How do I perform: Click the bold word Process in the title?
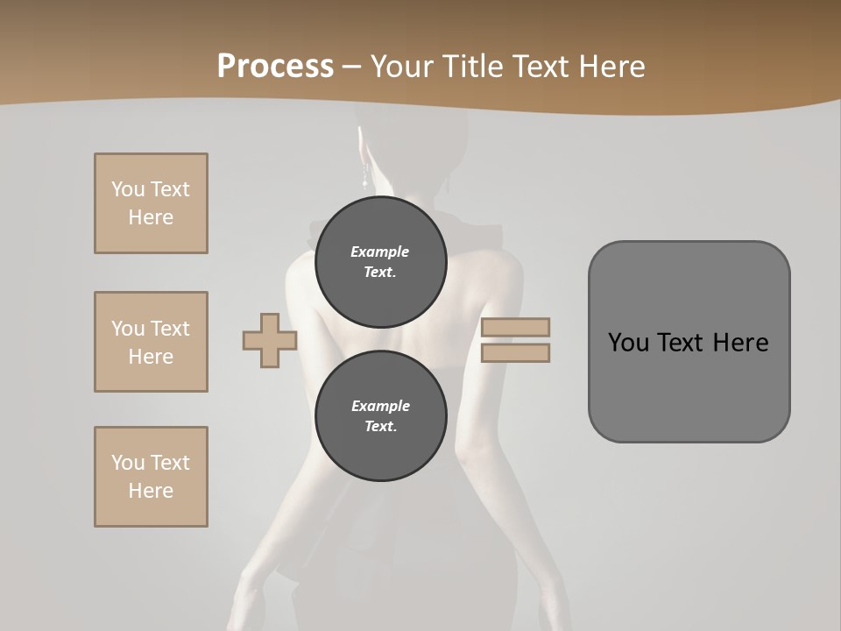click(275, 66)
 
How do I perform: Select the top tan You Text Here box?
click(151, 203)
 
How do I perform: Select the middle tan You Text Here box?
click(151, 342)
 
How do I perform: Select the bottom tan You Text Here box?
click(151, 477)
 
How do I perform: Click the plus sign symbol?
click(270, 340)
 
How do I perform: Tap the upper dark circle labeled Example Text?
click(380, 261)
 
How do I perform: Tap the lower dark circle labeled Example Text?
click(380, 416)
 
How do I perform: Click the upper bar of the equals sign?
click(515, 327)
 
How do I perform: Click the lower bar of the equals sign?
click(515, 352)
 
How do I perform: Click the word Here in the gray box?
click(741, 343)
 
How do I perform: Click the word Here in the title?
click(612, 66)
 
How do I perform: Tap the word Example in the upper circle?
click(380, 252)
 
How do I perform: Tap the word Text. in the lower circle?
click(380, 427)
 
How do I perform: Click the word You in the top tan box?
click(128, 189)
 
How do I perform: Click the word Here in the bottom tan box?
click(151, 491)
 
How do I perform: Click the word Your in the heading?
click(400, 66)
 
